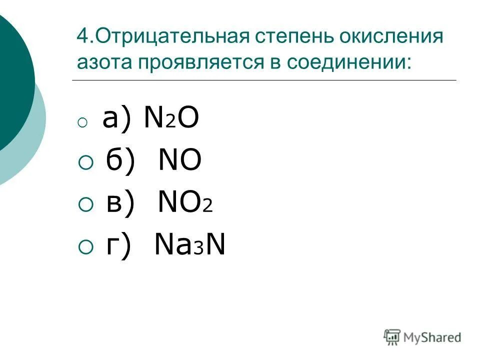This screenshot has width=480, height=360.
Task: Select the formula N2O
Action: coord(171,120)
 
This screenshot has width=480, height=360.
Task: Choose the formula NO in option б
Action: coord(180,161)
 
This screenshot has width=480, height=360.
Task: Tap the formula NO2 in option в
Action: coord(185,203)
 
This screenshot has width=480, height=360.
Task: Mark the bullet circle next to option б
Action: coord(85,162)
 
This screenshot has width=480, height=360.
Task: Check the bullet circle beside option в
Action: coord(85,204)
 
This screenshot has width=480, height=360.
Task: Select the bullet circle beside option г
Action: coord(85,246)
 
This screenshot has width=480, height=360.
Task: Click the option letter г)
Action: coord(118,245)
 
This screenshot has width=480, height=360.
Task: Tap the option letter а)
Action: coord(117,120)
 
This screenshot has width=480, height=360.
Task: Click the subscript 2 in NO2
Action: coord(207,206)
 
